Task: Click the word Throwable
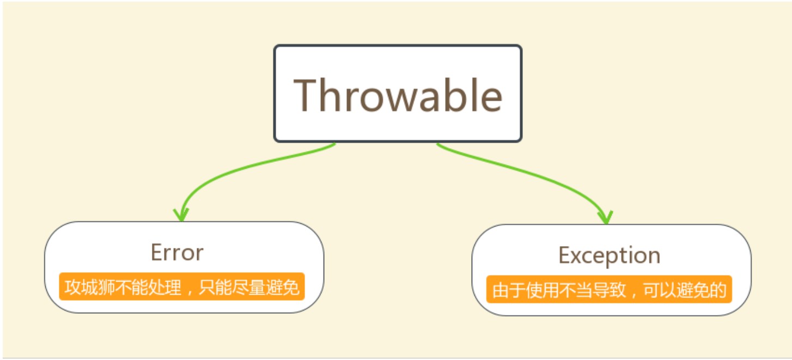point(398,95)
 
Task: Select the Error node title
point(177,253)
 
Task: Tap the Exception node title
point(609,255)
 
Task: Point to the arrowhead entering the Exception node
point(605,217)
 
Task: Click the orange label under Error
point(181,286)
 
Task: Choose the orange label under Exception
point(609,290)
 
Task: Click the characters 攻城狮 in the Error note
point(89,287)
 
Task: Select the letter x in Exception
point(576,256)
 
